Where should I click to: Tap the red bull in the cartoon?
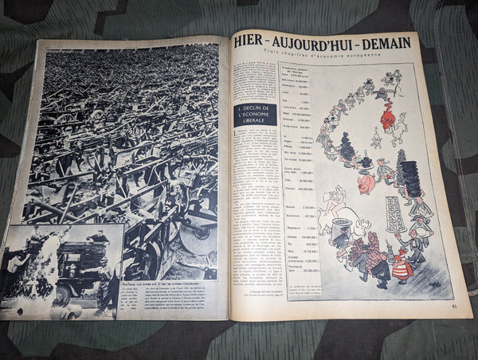(x=388, y=119)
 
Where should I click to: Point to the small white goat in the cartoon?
(x=375, y=141)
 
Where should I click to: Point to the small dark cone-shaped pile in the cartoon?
(x=347, y=148)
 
